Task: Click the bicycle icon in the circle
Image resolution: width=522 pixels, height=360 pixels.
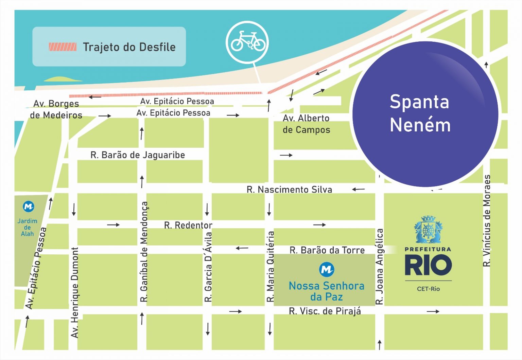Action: coord(248,41)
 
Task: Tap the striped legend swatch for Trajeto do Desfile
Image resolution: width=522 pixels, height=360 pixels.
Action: coord(63,47)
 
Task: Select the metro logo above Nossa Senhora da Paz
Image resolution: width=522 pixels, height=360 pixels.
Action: coord(327,269)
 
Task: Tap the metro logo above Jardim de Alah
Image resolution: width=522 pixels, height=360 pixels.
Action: coord(28,206)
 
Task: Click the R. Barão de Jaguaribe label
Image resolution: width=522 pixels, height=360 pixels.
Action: coord(138,155)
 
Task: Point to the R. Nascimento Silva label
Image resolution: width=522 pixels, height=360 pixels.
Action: coord(289,190)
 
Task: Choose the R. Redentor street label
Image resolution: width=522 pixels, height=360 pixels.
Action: coord(188,225)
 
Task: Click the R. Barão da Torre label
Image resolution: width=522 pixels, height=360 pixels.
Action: coord(327,250)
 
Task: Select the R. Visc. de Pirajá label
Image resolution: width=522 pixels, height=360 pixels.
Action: coord(325,311)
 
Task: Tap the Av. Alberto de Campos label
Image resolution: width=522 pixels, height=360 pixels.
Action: coord(306,124)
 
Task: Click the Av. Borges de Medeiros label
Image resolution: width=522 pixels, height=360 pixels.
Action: coord(56,109)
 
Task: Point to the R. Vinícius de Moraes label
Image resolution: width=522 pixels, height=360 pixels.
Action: coord(487,221)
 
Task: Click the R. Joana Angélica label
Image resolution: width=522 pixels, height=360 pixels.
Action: coord(380,267)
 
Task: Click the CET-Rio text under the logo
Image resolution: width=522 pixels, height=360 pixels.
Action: coord(428,289)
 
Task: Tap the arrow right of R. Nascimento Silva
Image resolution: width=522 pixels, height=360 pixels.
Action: coord(358,189)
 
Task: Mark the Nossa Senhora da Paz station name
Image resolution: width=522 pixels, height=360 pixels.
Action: coord(326,291)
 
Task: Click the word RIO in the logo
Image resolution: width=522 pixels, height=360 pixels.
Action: coord(428,266)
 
